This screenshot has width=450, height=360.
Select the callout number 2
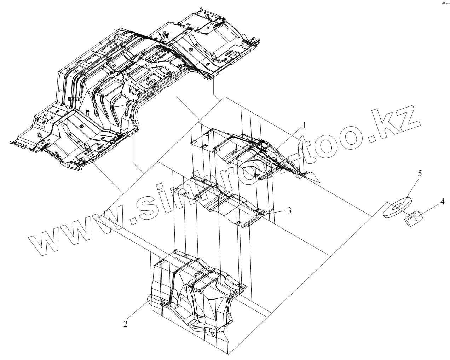(126, 323)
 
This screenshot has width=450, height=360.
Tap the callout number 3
(289, 210)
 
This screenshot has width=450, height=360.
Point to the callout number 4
(442, 202)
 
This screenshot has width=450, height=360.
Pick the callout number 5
(420, 174)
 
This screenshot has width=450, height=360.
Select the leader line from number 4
(429, 209)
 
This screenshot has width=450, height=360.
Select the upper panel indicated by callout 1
(255, 156)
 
